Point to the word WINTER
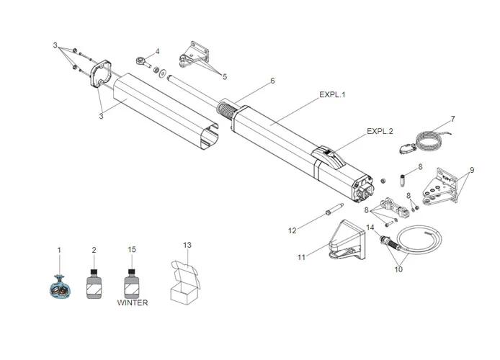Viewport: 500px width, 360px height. [x=133, y=303]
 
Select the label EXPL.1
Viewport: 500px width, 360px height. [x=334, y=94]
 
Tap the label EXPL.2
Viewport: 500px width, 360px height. [x=380, y=131]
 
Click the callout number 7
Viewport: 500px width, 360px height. [x=452, y=118]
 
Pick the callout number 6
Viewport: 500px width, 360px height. [x=272, y=81]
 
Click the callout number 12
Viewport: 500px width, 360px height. [x=293, y=230]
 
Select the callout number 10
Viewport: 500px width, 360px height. [x=398, y=270]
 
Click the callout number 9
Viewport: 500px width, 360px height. [x=472, y=170]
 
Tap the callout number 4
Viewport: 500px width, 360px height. [x=158, y=51]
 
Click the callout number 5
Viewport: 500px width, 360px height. [x=223, y=76]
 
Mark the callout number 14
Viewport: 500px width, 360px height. [x=370, y=228]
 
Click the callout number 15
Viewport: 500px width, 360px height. [x=131, y=249]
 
